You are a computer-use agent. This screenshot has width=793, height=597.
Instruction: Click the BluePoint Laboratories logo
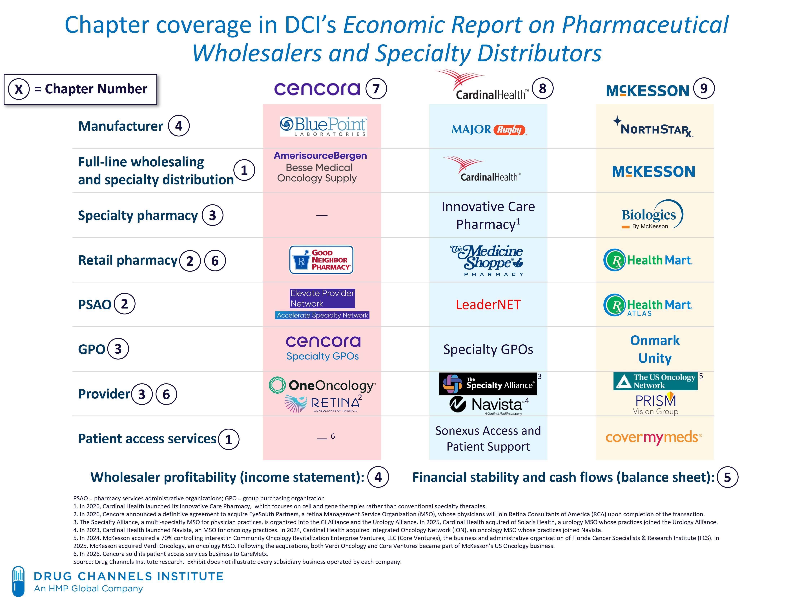(x=323, y=127)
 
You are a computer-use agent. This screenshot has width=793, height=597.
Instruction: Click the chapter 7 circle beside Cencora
(x=376, y=89)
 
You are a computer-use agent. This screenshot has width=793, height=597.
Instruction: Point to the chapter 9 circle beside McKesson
(x=704, y=88)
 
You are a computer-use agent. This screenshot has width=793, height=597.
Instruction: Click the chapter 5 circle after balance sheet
(x=727, y=477)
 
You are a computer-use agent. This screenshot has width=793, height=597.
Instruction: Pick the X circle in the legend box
(x=19, y=89)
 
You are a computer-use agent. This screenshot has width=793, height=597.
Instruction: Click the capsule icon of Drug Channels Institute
(x=18, y=581)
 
